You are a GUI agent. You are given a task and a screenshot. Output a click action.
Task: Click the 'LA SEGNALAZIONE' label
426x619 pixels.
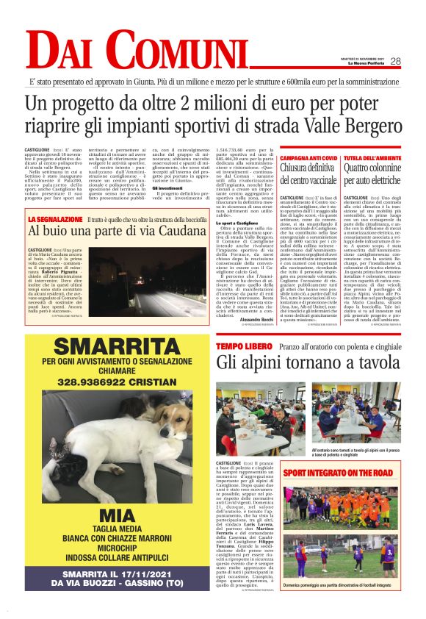click(56, 219)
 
